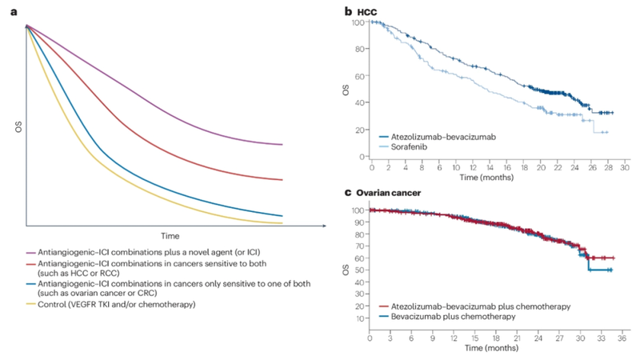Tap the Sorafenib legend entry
[410, 148]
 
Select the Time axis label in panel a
[168, 237]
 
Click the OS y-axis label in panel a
[14, 126]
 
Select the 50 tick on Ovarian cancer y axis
[358, 271]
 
